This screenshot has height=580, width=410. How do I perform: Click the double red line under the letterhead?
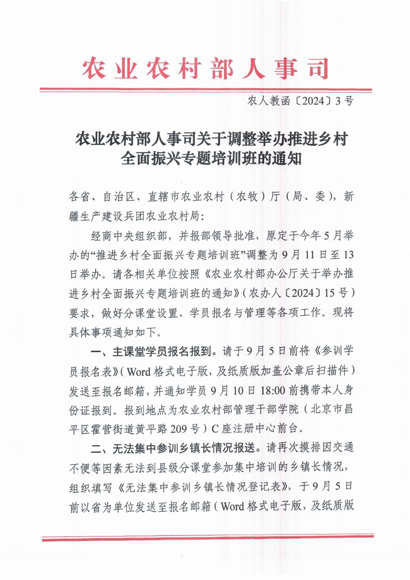tap(205, 90)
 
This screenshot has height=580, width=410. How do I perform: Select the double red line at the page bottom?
tap(205, 539)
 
